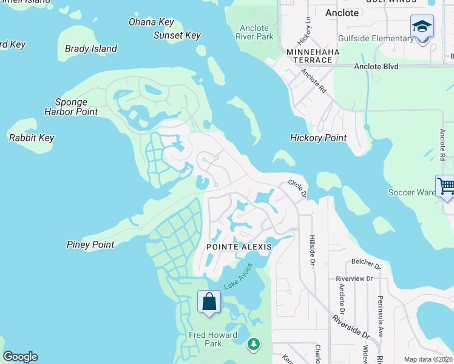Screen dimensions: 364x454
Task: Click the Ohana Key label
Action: (151, 22)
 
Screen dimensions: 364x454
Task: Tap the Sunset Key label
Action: (177, 36)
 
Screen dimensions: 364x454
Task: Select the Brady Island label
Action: (91, 49)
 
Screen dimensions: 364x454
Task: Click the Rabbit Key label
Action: (32, 138)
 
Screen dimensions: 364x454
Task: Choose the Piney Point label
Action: (90, 244)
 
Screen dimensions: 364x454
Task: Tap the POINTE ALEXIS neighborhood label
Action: (238, 247)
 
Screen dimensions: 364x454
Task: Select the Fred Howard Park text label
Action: (212, 339)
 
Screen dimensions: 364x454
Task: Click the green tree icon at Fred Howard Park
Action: (253, 345)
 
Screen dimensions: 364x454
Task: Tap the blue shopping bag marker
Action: (209, 302)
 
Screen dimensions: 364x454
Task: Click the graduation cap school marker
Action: (422, 27)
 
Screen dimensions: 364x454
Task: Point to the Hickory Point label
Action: (318, 138)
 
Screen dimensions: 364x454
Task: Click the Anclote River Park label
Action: (254, 32)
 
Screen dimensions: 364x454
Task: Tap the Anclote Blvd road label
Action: (376, 66)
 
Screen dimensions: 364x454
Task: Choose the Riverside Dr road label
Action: (351, 326)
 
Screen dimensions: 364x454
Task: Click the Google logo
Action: (20, 357)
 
